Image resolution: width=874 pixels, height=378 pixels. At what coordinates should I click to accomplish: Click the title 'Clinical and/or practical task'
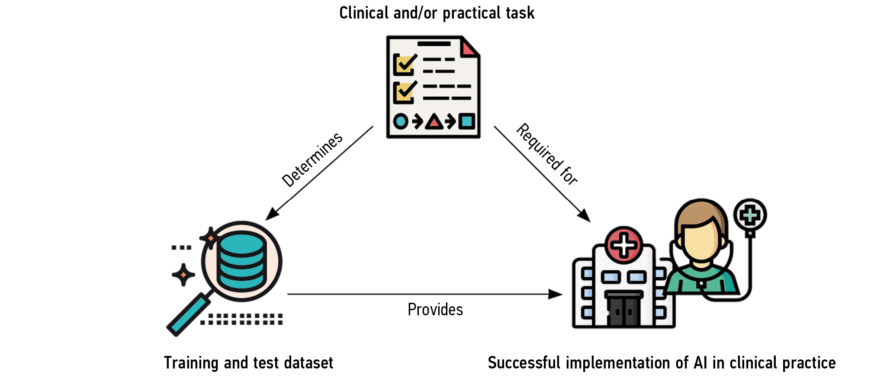[x=437, y=13]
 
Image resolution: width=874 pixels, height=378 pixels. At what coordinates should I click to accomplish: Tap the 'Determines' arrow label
[x=312, y=160]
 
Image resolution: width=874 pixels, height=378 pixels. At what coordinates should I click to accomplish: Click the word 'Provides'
[x=435, y=310]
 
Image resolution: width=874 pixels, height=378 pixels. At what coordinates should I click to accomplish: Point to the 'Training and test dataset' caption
[x=248, y=362]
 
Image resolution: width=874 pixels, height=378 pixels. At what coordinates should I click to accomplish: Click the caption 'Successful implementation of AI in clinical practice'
[x=662, y=362]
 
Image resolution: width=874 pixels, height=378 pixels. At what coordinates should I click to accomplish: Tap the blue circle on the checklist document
[x=401, y=121]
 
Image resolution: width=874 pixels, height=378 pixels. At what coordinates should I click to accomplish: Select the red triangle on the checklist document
[x=434, y=122]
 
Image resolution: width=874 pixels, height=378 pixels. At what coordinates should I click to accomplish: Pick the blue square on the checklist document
[x=466, y=121]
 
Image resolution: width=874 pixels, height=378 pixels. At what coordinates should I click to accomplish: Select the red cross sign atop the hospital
[x=623, y=245]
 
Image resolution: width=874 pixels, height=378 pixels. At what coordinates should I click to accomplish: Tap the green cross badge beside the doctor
[x=750, y=215]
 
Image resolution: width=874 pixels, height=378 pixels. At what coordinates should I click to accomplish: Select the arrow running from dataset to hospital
[x=424, y=294]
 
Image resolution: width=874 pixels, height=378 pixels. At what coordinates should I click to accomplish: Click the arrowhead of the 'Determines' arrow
[x=271, y=214]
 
